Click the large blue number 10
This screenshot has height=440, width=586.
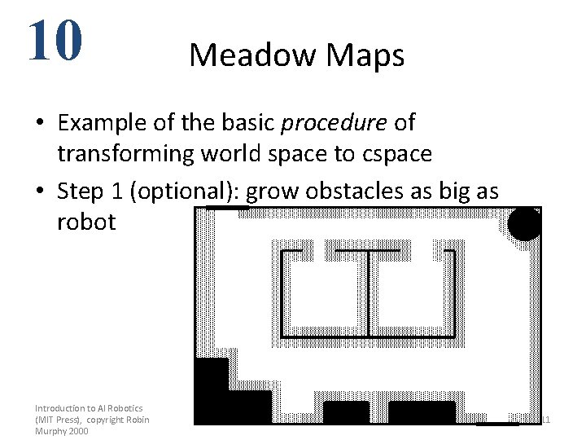click(x=55, y=41)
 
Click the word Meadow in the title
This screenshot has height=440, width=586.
click(x=252, y=55)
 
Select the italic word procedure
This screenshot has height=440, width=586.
click(x=334, y=123)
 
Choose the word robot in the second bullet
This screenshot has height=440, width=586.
click(x=86, y=222)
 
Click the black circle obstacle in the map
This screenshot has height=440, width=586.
click(x=524, y=224)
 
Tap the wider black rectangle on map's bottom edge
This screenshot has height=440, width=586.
click(x=422, y=411)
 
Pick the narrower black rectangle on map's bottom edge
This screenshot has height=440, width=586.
click(x=346, y=411)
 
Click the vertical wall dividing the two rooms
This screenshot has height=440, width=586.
click(x=369, y=293)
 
